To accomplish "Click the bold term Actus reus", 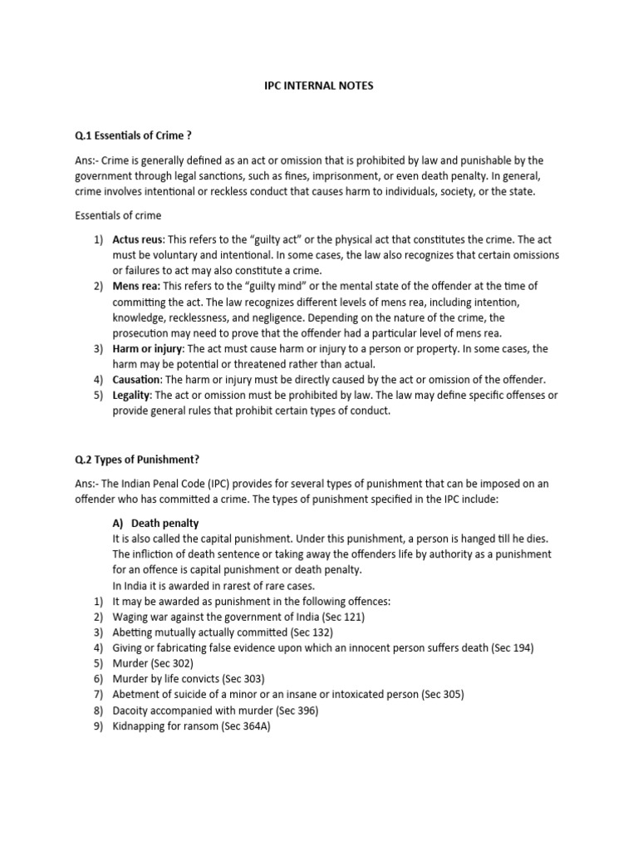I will (x=138, y=240).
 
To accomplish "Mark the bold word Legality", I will (x=133, y=395).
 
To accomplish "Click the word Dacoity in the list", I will (x=133, y=710).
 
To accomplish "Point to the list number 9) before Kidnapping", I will (x=98, y=726).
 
